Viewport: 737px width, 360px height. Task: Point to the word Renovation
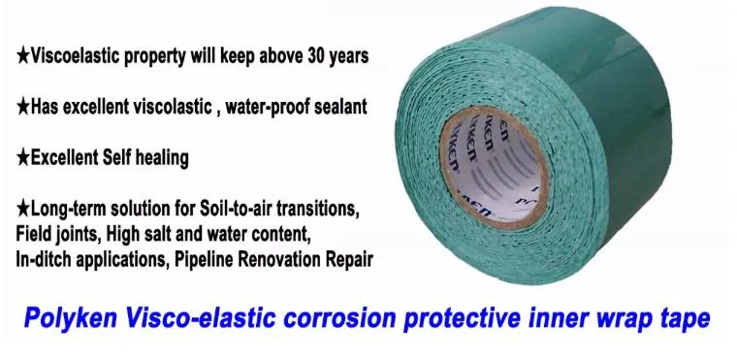pos(289,259)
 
